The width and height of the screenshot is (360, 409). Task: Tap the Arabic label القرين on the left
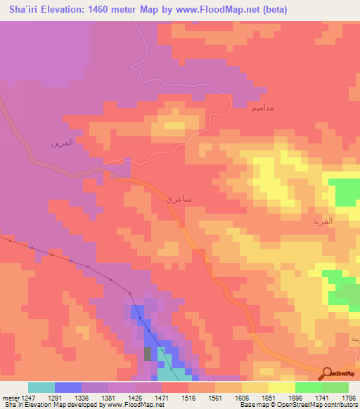61,143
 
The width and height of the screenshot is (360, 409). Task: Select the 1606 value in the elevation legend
241,396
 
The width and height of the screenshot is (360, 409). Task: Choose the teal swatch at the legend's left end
41,387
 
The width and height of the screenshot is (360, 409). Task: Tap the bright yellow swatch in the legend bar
281,387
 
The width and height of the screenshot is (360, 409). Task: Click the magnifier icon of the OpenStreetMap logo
326,374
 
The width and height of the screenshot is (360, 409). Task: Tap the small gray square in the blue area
148,353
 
